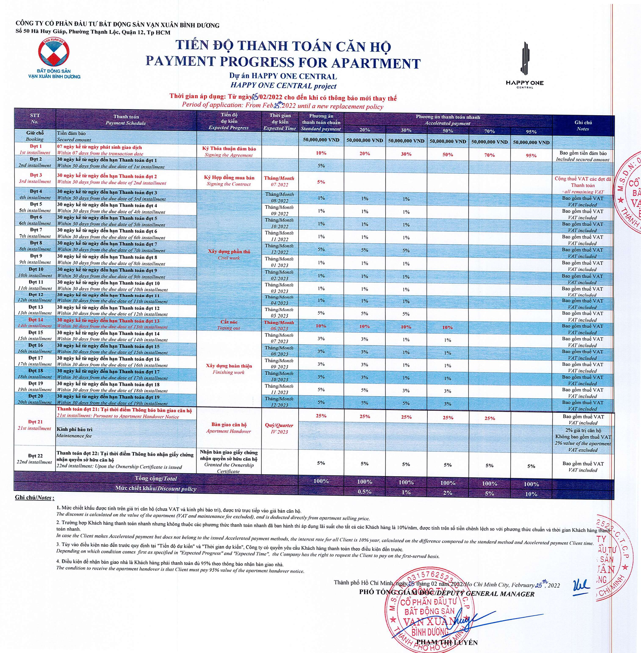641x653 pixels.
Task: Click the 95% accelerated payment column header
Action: pos(531,132)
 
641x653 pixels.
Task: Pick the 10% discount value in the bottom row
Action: pos(531,494)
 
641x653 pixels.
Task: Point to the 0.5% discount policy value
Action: pos(365,492)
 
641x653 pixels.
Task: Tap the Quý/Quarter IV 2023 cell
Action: pos(279,429)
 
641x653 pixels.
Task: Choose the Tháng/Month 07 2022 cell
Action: pos(279,181)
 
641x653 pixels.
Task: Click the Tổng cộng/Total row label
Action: pos(156,478)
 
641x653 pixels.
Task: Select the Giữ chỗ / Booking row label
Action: pos(35,136)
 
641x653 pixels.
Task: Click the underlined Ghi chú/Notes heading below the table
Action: pos(34,498)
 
